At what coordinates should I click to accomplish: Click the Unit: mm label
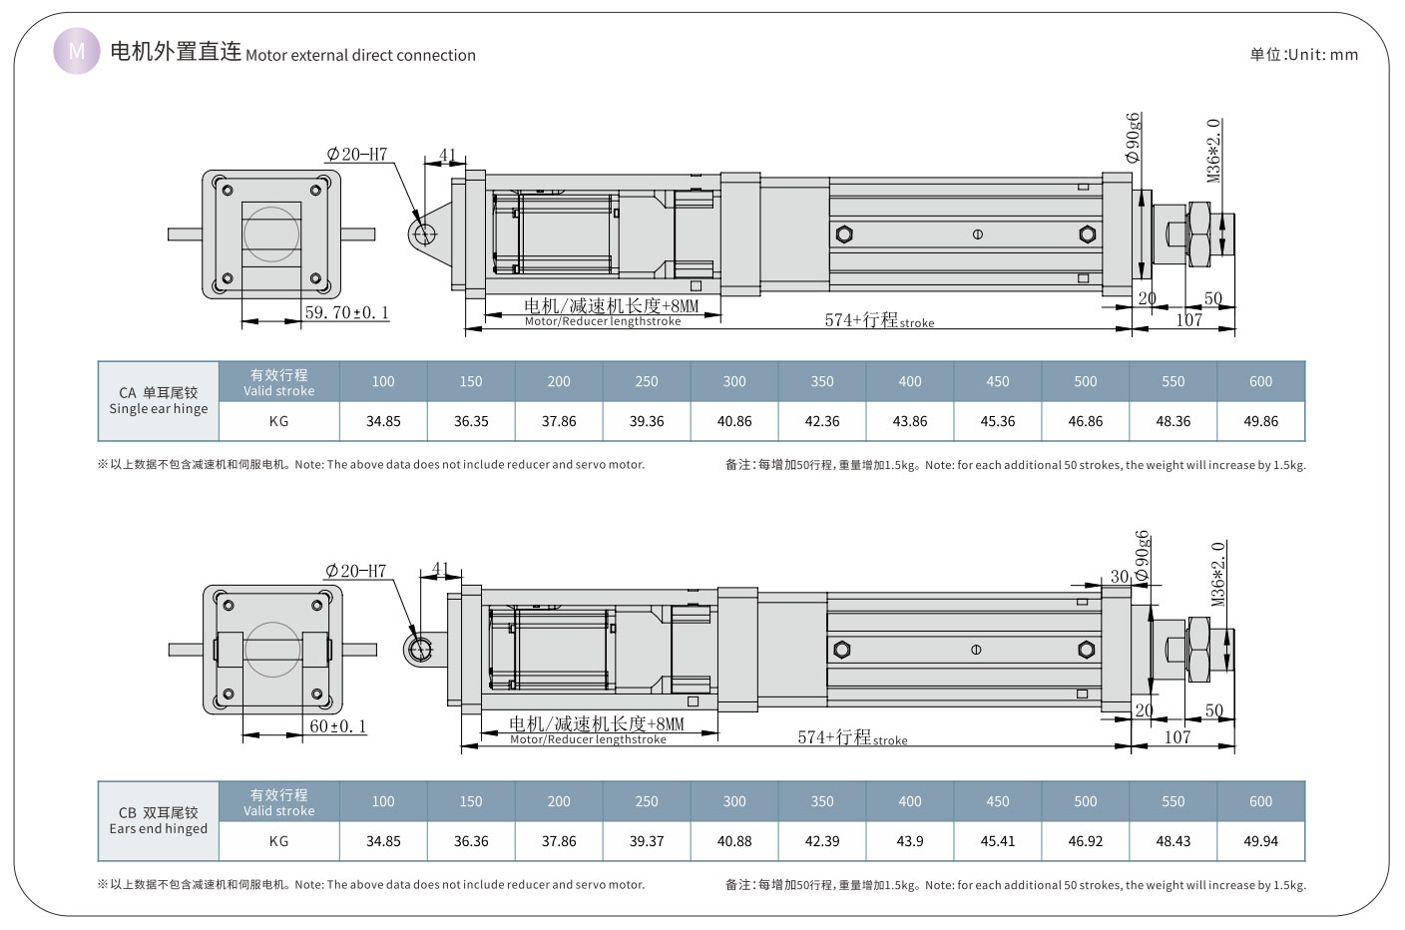(x=1303, y=55)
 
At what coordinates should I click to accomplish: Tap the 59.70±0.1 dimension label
(x=346, y=312)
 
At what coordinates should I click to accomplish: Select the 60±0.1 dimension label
(x=337, y=726)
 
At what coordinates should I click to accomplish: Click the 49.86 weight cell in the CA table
(x=1260, y=421)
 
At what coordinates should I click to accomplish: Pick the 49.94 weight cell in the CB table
(x=1260, y=841)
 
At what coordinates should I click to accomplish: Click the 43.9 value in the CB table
(x=910, y=841)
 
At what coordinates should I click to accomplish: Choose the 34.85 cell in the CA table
(x=383, y=421)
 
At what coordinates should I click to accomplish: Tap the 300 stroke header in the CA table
(x=734, y=381)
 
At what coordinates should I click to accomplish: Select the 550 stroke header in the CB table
(x=1173, y=801)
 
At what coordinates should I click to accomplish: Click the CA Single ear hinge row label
(x=159, y=400)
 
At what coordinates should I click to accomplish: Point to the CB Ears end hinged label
(x=159, y=820)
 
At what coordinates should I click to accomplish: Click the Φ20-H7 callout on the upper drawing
(x=356, y=155)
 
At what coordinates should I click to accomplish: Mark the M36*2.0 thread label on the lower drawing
(x=1217, y=574)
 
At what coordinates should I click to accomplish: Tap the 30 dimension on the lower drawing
(x=1120, y=577)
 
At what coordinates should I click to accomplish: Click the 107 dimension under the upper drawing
(x=1188, y=320)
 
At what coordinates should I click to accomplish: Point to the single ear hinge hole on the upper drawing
(x=423, y=234)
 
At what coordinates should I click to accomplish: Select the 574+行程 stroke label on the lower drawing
(x=851, y=737)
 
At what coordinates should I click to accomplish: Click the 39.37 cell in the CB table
(x=647, y=841)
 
